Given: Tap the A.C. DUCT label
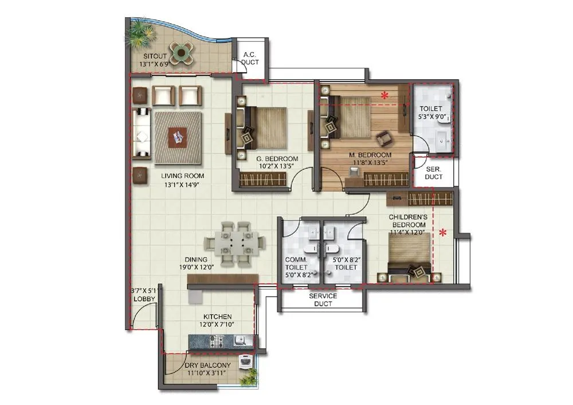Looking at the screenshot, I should [x=249, y=58].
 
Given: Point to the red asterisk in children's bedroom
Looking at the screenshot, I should [x=443, y=233].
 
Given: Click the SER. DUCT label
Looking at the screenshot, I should [x=434, y=173].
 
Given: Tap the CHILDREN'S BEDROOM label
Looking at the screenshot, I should [x=407, y=221].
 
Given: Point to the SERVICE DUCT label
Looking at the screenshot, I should [x=323, y=299].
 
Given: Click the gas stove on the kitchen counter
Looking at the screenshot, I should [x=218, y=343].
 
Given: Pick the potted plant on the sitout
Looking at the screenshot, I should [x=139, y=36].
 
